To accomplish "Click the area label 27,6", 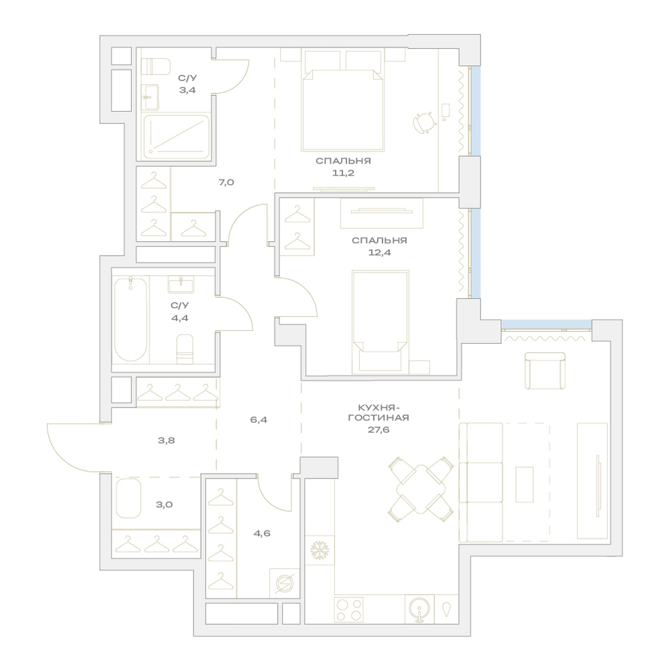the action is click(379, 430).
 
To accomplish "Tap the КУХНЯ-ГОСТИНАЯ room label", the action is click(379, 412).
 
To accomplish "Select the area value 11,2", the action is click(343, 173).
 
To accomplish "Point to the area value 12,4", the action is click(379, 253).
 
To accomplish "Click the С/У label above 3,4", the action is click(188, 78).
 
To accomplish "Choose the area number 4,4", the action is click(180, 318).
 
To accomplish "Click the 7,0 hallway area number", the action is click(226, 182).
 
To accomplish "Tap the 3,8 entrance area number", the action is click(166, 441).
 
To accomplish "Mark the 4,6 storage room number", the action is click(261, 533).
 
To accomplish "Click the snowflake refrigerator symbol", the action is click(319, 550).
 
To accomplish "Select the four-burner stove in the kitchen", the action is click(348, 609).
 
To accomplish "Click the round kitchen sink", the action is click(419, 609).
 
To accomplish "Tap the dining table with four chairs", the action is click(421, 489).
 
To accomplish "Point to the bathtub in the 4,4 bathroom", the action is click(131, 319).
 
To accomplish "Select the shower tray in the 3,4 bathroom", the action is click(176, 137).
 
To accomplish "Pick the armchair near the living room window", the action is click(545, 371).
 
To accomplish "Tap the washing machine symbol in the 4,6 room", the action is click(284, 584).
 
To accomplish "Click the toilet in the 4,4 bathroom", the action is click(185, 349).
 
